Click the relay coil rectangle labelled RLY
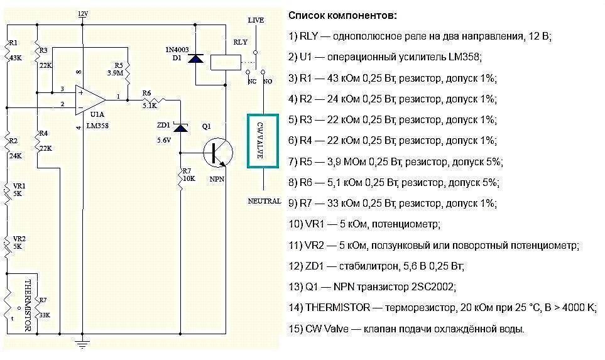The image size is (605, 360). click(224, 61)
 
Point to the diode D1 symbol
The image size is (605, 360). click(197, 58)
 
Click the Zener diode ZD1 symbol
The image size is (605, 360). click(181, 128)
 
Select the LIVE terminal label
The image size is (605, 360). click(256, 21)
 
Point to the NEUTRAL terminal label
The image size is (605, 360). click(263, 202)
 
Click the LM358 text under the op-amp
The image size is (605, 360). click(97, 126)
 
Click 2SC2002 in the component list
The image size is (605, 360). click(432, 287)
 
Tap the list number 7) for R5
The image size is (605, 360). click(293, 161)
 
